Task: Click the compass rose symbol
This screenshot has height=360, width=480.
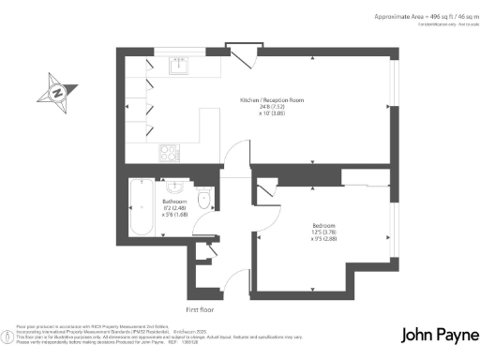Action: click(57, 93)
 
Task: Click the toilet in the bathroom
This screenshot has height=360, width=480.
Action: click(206, 197)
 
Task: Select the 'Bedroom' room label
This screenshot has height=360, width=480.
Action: click(324, 226)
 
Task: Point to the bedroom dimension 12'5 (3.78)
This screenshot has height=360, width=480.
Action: click(324, 232)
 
